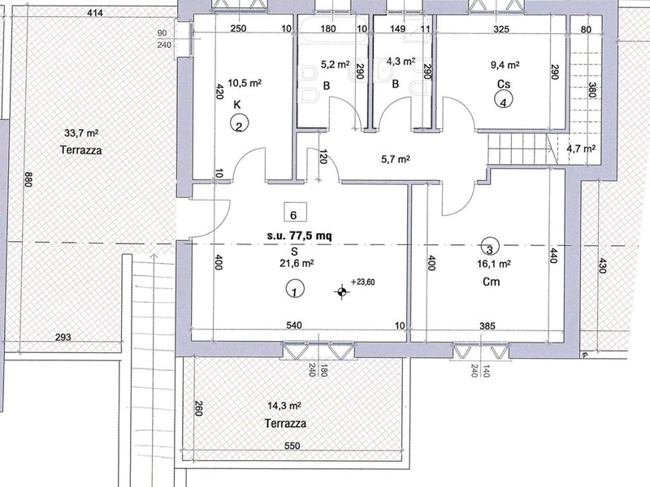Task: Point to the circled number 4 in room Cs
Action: click(x=504, y=101)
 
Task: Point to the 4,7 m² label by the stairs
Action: click(x=580, y=149)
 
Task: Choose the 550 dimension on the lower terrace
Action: click(x=293, y=447)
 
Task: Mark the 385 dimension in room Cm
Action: click(x=487, y=326)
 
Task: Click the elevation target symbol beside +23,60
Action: click(x=341, y=291)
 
